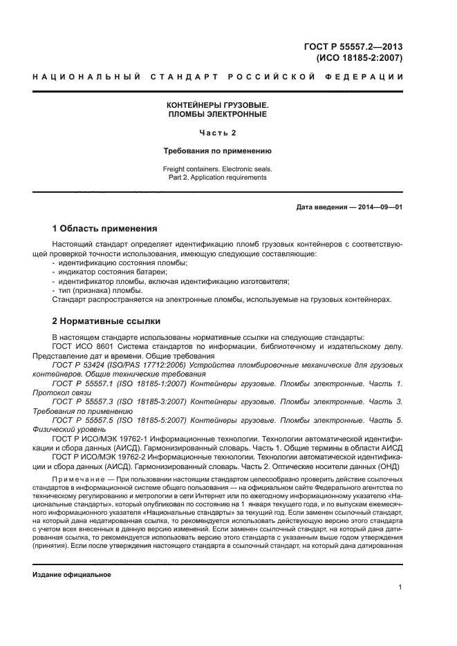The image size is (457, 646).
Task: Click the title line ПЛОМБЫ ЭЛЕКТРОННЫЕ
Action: pos(217,113)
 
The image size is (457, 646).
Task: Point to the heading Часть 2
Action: pos(217,132)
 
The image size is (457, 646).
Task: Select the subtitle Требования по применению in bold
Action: pos(217,150)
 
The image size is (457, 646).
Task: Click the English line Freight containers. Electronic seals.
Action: pos(217,168)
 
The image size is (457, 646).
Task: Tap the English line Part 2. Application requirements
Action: pos(217,177)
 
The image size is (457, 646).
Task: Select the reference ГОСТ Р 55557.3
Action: pos(82,401)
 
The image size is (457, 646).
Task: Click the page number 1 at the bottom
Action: pos(400,587)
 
